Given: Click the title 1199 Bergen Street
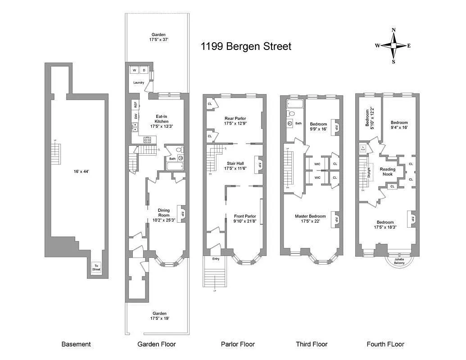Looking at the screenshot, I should (246, 46).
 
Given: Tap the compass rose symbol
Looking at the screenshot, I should (393, 45).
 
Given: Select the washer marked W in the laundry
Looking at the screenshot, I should (134, 70).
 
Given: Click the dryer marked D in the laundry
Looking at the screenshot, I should (144, 70).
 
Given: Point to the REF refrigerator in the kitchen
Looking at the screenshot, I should (135, 104).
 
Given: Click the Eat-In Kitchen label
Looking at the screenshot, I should (161, 121).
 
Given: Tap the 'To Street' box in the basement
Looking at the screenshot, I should (96, 268).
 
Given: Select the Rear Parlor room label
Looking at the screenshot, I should (235, 121).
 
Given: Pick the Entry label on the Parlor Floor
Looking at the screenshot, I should (215, 259).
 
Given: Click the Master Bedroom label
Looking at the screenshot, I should (311, 218).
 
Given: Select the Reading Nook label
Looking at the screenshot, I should (388, 171).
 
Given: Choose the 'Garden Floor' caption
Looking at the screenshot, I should (156, 344).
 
